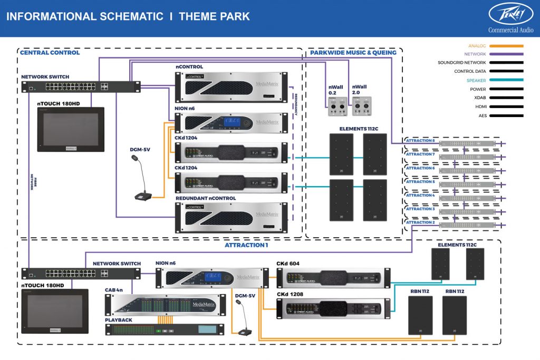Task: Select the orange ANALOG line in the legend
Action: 506,46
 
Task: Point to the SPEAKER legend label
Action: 476,81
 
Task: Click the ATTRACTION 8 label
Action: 420,141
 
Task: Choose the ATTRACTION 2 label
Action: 420,222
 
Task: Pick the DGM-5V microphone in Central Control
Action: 141,179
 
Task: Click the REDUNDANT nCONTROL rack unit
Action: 232,216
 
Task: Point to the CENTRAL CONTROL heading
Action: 50,53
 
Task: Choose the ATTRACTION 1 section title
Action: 246,245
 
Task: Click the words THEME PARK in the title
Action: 214,16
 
